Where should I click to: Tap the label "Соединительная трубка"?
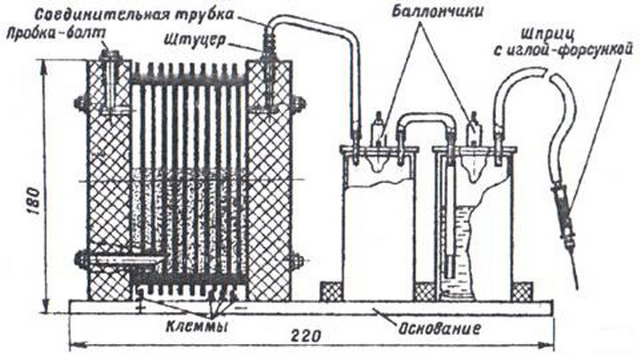[x=134, y=14]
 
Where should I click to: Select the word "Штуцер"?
[x=195, y=40]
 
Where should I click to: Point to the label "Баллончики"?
[x=436, y=12]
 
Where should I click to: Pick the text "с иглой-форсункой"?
[x=564, y=50]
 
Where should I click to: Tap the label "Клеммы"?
[x=196, y=326]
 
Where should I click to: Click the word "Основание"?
[x=438, y=328]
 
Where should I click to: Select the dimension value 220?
[x=305, y=336]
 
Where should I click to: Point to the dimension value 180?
[x=35, y=202]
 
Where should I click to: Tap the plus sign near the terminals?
[x=140, y=308]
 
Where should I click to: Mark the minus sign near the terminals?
[x=242, y=306]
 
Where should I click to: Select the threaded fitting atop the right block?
[x=269, y=44]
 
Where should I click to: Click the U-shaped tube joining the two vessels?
[x=426, y=124]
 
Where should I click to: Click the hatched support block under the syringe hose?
[x=522, y=292]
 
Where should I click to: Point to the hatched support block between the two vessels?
[x=424, y=292]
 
